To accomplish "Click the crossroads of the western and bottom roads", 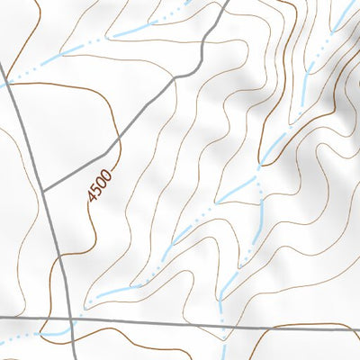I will point(71,319).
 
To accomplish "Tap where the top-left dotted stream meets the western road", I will point(7,83).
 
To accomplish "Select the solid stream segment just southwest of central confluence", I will point(238,186).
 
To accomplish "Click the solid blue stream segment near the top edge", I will point(135,32).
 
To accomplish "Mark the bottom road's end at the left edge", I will point(2,319).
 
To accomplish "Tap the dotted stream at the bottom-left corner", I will point(18,339).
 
